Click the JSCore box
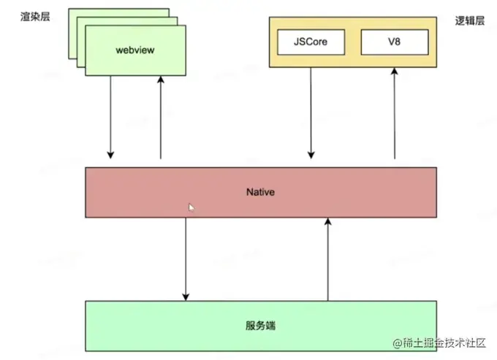tap(311, 42)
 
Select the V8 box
tap(394, 42)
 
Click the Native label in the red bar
tap(261, 191)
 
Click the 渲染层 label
tap(34, 16)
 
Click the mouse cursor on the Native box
tap(191, 208)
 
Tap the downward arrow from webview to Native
tap(110, 117)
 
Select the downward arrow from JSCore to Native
tap(311, 113)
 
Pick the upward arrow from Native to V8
tap(395, 113)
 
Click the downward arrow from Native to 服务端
tap(186, 259)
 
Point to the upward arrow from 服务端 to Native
tap(328, 259)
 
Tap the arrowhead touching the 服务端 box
tap(186, 296)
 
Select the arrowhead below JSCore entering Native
tap(311, 154)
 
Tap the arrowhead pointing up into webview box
tap(161, 80)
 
